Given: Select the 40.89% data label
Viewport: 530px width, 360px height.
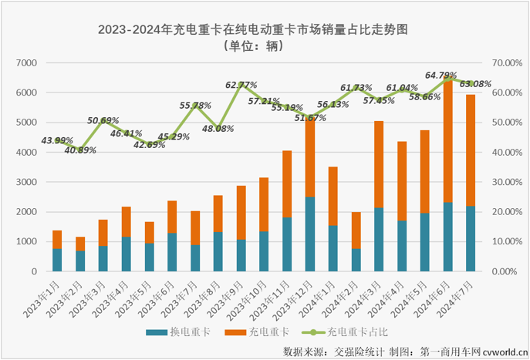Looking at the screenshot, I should tap(81, 150).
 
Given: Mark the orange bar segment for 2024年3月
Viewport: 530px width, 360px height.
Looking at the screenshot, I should tap(378, 164).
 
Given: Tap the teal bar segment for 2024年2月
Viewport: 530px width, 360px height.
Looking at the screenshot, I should tap(356, 260).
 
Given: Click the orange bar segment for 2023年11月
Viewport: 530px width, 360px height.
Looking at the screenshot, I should tap(286, 183).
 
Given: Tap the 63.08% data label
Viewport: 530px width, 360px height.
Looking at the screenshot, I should tap(474, 83).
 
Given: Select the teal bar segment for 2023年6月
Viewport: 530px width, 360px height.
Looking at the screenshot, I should tap(172, 252).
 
